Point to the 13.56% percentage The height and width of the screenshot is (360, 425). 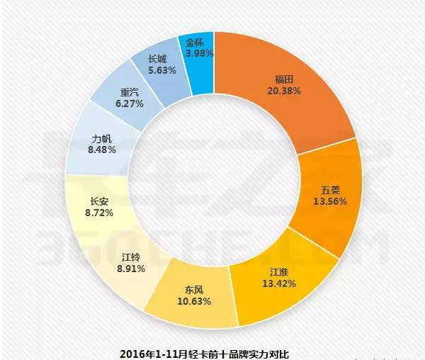[329, 203]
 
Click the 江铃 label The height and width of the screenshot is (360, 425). [130, 257]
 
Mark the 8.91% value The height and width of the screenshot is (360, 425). [130, 269]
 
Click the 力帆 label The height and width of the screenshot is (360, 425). [101, 139]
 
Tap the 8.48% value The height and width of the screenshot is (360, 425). [101, 151]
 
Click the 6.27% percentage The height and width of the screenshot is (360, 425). [130, 103]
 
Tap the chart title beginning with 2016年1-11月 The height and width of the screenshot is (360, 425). [205, 352]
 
